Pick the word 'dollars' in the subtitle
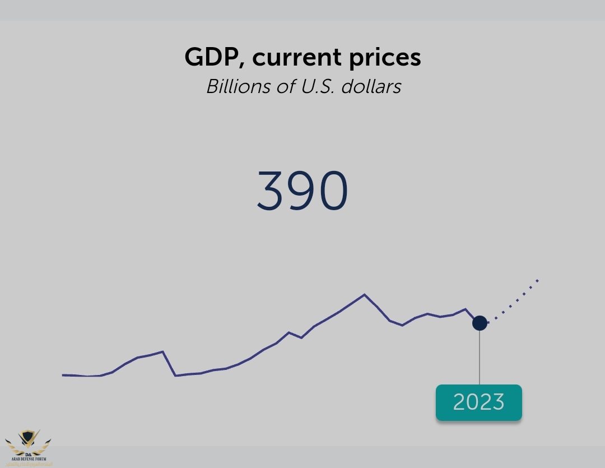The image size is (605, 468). (373, 86)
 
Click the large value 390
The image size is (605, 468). (302, 191)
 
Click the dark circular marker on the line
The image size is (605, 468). (480, 323)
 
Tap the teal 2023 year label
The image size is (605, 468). (479, 402)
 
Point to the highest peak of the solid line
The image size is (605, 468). (365, 294)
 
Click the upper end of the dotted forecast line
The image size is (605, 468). (537, 279)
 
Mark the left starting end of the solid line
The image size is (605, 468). (63, 374)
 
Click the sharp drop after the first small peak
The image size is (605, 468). (169, 364)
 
